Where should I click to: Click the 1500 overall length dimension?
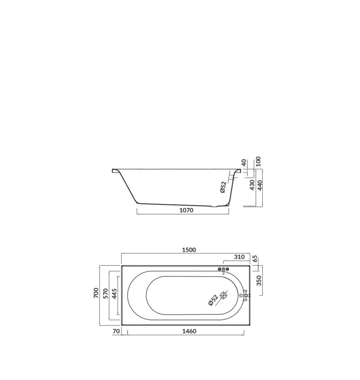tap(189, 249)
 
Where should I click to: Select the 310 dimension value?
tap(239, 257)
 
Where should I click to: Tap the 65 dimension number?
tap(255, 258)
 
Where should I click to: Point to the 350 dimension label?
tap(259, 280)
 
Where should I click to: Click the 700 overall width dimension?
tap(96, 293)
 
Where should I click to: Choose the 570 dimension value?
tap(106, 293)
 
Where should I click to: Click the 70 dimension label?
tap(117, 331)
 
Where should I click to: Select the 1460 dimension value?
tap(189, 331)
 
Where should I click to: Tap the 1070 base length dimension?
tap(186, 210)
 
